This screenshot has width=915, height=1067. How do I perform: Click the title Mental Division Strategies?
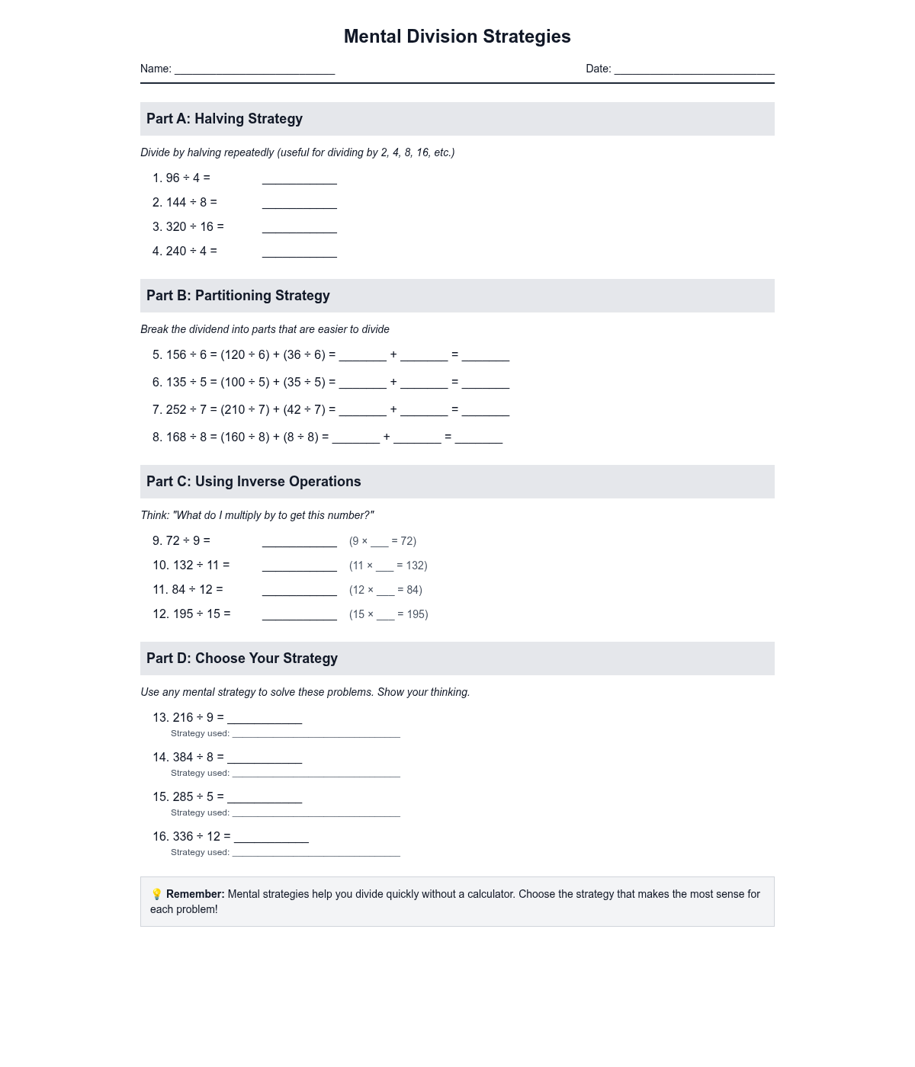click(x=457, y=37)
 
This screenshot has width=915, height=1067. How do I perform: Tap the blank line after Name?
click(x=255, y=69)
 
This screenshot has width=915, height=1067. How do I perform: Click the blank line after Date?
click(x=694, y=69)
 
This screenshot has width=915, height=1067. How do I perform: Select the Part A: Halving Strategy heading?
click(x=224, y=119)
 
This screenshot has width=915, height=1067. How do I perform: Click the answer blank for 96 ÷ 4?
click(x=299, y=178)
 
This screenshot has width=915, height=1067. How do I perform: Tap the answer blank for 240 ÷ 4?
click(x=299, y=252)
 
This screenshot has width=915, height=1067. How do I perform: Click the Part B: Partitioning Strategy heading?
click(x=238, y=296)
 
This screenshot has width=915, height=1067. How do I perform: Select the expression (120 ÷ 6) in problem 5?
click(x=245, y=355)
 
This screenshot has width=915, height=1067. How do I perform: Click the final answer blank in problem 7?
click(x=485, y=410)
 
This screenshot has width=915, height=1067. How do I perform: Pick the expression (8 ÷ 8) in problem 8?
click(x=301, y=437)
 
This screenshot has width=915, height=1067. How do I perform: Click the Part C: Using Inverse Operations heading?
click(x=253, y=482)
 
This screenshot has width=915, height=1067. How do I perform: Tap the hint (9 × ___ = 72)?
click(x=383, y=541)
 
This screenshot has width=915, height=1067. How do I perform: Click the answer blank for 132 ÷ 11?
click(x=299, y=566)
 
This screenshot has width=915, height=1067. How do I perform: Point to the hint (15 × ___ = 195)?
click(x=389, y=614)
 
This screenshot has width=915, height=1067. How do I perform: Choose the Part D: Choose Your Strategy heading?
click(x=242, y=658)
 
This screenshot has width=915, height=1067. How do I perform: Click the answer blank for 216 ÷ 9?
click(x=265, y=718)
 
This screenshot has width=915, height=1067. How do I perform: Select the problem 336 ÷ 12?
click(x=191, y=837)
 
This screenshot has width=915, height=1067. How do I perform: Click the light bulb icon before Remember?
click(x=156, y=894)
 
